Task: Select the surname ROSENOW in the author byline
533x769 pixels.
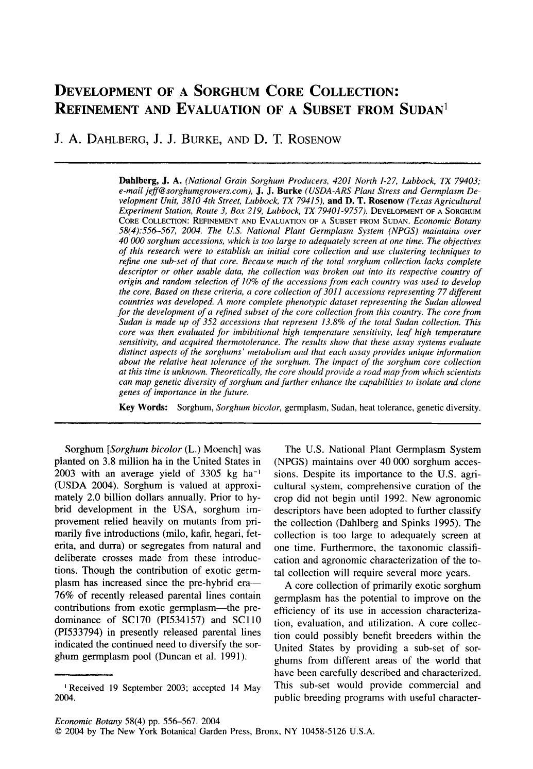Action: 307,139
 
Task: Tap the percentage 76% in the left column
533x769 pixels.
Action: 64,595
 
